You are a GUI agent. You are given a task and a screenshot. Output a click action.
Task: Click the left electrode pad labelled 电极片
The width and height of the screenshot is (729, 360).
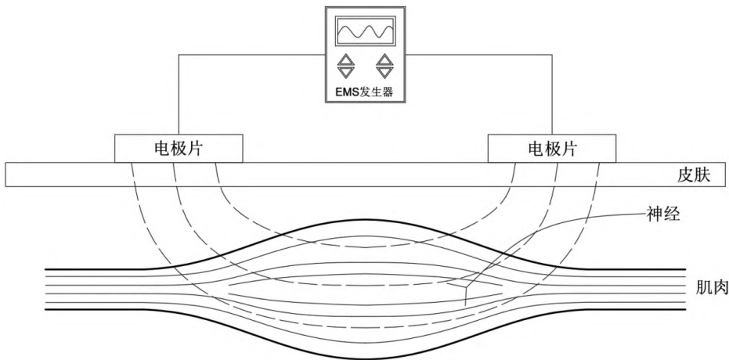179,147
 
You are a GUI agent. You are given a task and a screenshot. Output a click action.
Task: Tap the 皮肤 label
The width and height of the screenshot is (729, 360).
694,175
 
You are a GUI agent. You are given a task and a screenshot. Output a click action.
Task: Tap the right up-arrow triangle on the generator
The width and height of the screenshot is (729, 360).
384,59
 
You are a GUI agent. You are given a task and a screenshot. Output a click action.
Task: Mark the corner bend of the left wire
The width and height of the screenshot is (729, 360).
179,55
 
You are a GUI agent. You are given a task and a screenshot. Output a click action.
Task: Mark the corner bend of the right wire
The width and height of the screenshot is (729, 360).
551,55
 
